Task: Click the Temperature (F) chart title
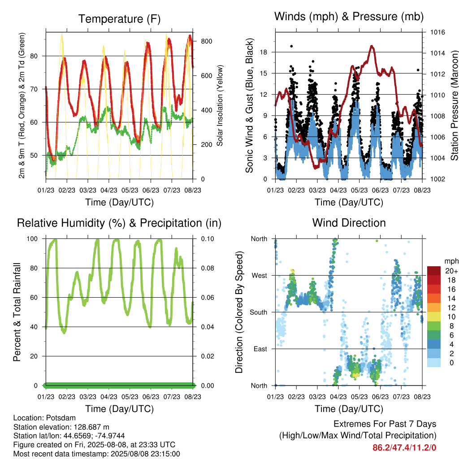pyautogui.click(x=119, y=19)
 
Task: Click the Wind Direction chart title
pyautogui.click(x=349, y=223)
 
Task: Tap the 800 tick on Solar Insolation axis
pyautogui.click(x=207, y=41)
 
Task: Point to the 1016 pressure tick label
pyautogui.click(x=437, y=32)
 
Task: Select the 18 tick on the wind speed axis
pyautogui.click(x=264, y=52)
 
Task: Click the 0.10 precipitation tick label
pyautogui.click(x=208, y=239)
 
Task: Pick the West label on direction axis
pyautogui.click(x=260, y=276)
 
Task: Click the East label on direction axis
pyautogui.click(x=260, y=349)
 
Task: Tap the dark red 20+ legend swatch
pyautogui.click(x=434, y=271)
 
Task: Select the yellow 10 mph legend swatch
pyautogui.click(x=434, y=317)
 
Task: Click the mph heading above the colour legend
pyautogui.click(x=451, y=261)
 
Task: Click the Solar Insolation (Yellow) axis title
pyautogui.click(x=220, y=105)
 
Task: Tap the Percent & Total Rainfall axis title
pyautogui.click(x=17, y=312)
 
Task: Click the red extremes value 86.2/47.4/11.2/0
pyautogui.click(x=404, y=448)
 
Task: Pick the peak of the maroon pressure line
pyautogui.click(x=372, y=46)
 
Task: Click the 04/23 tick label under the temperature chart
pyautogui.click(x=109, y=190)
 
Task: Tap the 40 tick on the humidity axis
pyautogui.click(x=34, y=327)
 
